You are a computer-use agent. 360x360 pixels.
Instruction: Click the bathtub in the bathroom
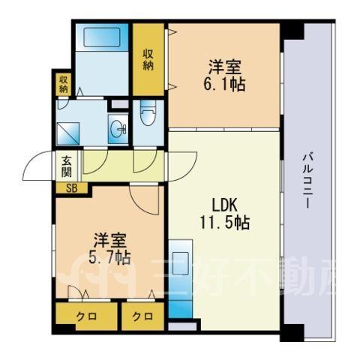102,37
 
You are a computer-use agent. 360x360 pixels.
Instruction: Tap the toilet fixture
148,113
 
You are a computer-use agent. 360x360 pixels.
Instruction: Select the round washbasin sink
118,129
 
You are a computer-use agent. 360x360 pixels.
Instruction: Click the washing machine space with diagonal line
68,133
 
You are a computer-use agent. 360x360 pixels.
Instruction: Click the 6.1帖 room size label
224,85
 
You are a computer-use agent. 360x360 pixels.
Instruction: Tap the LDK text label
224,206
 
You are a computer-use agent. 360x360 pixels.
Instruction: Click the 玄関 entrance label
66,166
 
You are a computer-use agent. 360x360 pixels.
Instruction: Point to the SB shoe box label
72,188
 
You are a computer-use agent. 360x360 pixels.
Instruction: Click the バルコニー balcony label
307,181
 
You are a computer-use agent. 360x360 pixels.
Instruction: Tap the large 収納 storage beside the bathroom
148,59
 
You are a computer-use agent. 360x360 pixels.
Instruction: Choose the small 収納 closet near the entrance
63,85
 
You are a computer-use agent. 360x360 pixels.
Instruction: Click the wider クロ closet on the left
86,316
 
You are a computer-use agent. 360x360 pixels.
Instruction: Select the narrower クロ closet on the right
142,316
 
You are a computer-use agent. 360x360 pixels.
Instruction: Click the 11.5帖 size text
224,223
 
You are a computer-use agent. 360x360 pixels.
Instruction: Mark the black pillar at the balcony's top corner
292,31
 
